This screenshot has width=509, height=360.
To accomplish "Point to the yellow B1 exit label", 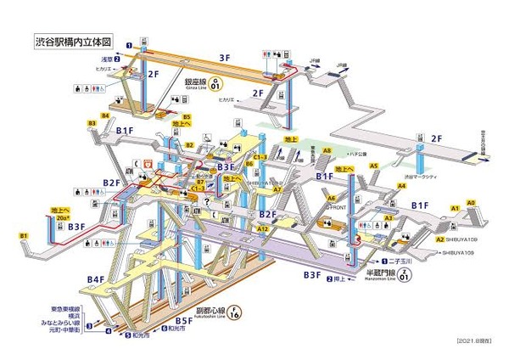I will coord(25,235).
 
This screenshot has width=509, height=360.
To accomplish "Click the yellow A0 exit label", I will coord(471,203).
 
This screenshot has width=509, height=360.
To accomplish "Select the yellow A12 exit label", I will coord(263,229).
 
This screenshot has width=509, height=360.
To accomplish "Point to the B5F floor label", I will coord(184,320).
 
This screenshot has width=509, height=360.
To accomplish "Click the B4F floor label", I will coord(95,278).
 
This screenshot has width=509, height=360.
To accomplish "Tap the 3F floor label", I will coord(225,58).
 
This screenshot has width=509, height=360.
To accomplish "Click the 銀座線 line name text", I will coord(199,82).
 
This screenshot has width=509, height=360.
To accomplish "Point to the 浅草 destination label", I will coord(106,59).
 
